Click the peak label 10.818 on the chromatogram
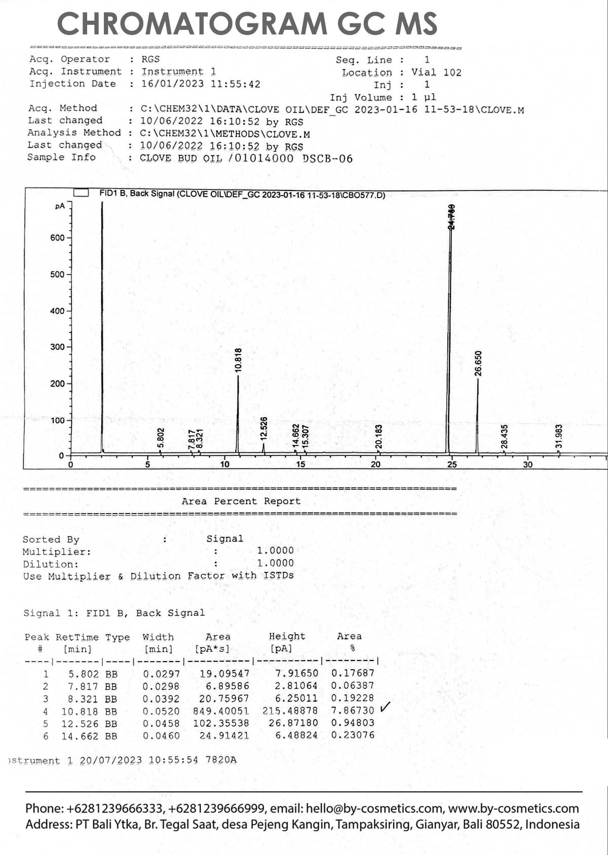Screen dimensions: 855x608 pos(238,360)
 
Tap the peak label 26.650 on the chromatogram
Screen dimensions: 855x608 pos(478,363)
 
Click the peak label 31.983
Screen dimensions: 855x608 pos(559,436)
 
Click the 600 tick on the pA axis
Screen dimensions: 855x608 pos(57,238)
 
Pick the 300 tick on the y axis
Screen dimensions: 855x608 pos(57,347)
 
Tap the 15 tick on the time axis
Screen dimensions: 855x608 pos(300,464)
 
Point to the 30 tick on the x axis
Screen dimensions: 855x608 pos(527,464)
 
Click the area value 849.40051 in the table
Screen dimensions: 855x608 pos(221,711)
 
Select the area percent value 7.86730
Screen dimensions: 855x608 pos(353,711)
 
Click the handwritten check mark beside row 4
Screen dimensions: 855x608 pos(385,707)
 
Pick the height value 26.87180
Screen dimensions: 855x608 pos(293,723)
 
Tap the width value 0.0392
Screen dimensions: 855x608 pos(161,699)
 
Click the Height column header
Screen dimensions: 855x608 pos(287,637)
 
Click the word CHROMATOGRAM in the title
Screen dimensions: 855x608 pos(192,23)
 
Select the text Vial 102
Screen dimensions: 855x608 pos(436,72)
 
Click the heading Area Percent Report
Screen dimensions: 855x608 pos(241,501)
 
